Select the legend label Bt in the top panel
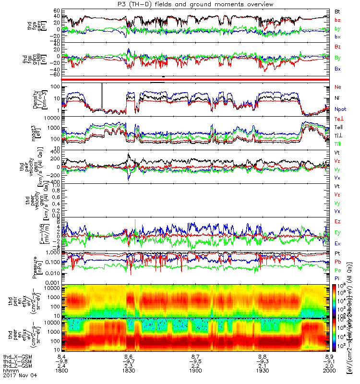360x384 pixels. pyautogui.click(x=337, y=11)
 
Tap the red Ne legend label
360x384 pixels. pyautogui.click(x=338, y=87)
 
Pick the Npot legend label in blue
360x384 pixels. pyautogui.click(x=340, y=109)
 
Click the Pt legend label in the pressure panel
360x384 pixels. pyautogui.click(x=337, y=252)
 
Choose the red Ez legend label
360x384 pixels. pyautogui.click(x=337, y=221)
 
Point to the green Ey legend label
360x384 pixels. pyautogui.click(x=337, y=232)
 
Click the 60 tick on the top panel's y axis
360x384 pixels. pyautogui.click(x=56, y=11)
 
